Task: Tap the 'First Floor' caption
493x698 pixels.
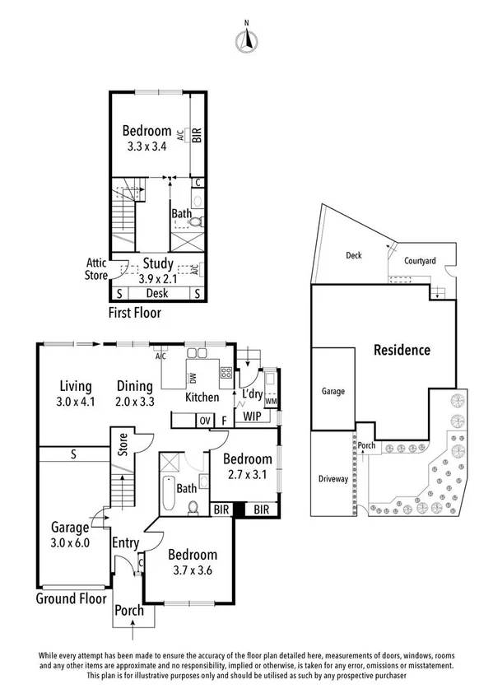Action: [136, 313]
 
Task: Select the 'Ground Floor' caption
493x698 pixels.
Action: [72, 598]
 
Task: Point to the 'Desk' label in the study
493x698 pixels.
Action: [156, 293]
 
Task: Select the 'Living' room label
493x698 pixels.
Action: [75, 385]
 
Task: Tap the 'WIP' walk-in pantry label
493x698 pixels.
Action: [253, 418]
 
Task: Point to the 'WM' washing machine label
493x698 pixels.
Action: [271, 401]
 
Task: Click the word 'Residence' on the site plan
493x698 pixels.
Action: [402, 350]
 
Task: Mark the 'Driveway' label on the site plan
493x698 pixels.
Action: [333, 478]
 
